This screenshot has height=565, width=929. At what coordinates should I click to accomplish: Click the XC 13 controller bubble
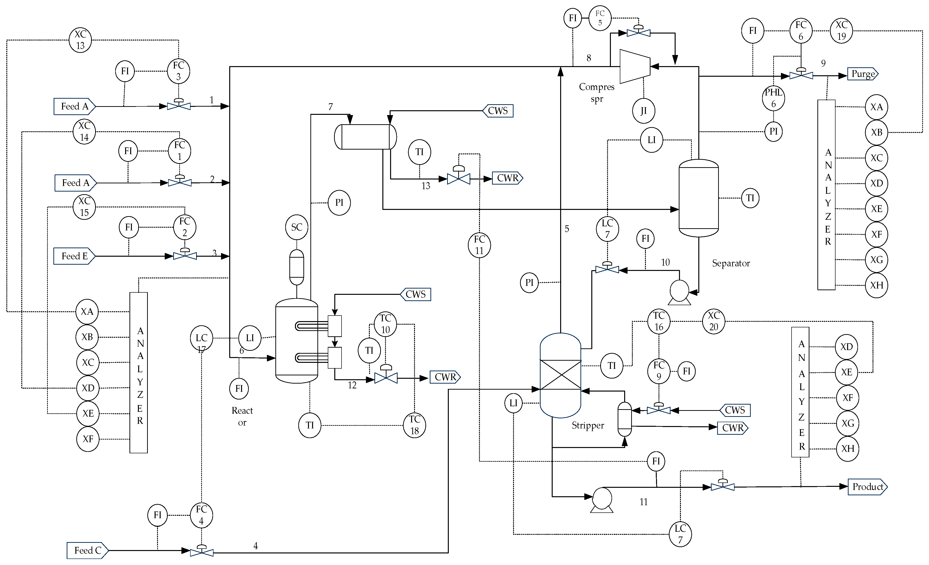80,40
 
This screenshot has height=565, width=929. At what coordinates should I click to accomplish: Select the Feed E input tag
74,256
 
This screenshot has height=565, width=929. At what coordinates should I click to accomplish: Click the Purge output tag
863,74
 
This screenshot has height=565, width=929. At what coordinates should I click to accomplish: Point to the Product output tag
867,487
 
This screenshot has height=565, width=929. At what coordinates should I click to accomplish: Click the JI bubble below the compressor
643,111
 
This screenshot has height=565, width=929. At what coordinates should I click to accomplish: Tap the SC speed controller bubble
297,227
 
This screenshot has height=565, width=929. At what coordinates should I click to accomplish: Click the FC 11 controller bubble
479,245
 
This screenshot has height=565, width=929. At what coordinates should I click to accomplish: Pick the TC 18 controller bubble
414,425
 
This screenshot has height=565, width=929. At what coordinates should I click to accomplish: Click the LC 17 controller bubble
201,338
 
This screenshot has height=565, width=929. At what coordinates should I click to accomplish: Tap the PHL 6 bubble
773,98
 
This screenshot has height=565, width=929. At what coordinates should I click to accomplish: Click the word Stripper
588,425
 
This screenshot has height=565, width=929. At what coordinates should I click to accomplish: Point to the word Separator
731,263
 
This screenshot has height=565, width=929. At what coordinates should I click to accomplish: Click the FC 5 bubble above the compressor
600,18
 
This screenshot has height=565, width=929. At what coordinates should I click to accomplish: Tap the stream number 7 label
331,107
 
